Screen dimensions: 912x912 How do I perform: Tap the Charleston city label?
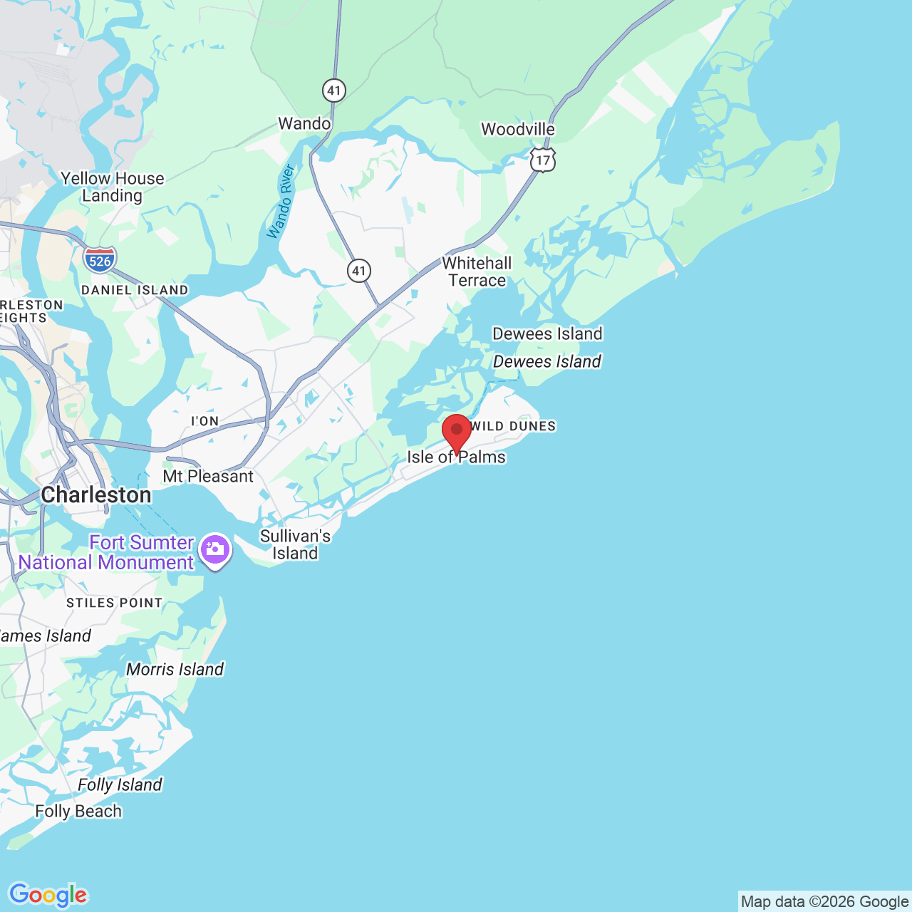96,494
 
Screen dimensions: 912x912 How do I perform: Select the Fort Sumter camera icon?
214,550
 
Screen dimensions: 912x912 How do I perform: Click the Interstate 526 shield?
100,260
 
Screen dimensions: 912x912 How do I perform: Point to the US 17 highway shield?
543,160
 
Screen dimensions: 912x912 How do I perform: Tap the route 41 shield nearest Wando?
334,90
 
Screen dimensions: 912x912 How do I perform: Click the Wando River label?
281,202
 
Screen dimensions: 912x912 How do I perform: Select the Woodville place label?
518,129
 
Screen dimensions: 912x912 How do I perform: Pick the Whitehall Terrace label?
477,271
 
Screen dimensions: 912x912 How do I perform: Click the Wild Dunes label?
513,426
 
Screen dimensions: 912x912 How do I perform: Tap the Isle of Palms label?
456,457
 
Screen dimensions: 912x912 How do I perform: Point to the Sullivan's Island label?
295,544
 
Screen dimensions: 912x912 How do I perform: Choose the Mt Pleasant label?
208,476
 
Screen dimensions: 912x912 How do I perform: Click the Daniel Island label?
135,290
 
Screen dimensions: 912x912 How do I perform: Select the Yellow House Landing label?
113,187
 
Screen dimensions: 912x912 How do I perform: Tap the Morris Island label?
175,669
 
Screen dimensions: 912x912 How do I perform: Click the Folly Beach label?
78,811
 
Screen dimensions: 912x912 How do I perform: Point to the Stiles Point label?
115,603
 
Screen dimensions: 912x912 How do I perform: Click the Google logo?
48,895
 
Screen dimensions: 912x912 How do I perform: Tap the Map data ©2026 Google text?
824,901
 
